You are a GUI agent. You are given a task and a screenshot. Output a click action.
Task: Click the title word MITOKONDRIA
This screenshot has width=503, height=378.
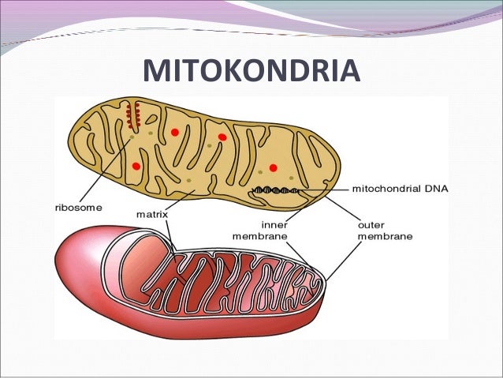click(251, 70)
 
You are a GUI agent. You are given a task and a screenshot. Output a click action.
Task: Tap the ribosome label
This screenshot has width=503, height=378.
click(77, 208)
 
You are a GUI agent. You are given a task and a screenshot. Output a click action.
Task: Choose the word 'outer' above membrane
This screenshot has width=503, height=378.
click(371, 223)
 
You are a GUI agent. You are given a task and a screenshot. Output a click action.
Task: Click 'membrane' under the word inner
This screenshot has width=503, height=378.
click(260, 235)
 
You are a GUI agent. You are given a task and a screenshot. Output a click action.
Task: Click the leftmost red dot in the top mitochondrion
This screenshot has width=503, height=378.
click(136, 166)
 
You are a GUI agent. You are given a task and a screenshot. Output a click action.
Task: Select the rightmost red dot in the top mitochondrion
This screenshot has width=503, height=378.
click(273, 167)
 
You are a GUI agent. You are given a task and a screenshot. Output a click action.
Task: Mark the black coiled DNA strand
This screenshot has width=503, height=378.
click(275, 190)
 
